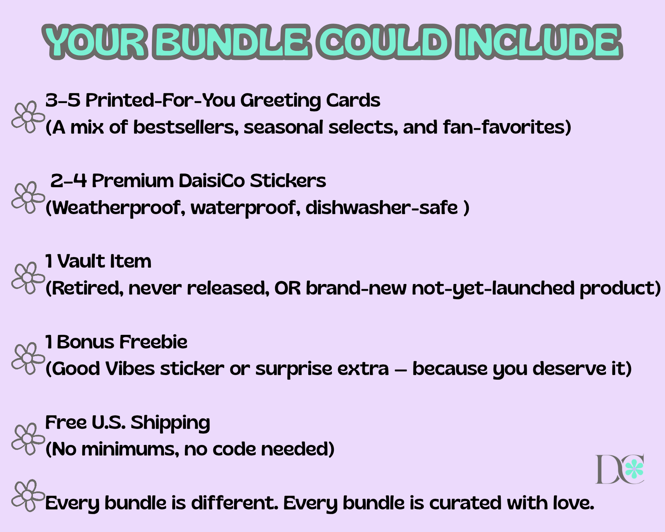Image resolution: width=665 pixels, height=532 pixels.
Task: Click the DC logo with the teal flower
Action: tap(620, 469)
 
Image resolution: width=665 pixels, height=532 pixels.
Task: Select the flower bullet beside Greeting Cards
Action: tap(28, 117)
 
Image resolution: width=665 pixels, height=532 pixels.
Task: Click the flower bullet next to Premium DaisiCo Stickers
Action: tap(28, 197)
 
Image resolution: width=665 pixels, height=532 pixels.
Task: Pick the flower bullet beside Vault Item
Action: tap(28, 278)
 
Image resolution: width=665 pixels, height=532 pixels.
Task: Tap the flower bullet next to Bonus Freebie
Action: tap(28, 358)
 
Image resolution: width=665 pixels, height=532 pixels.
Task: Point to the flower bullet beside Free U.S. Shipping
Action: tap(28, 439)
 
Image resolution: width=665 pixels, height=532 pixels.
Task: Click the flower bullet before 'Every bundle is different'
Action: tap(28, 495)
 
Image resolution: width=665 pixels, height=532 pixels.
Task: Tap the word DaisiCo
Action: tap(212, 181)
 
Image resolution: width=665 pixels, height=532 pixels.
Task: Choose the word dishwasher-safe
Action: tap(382, 207)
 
